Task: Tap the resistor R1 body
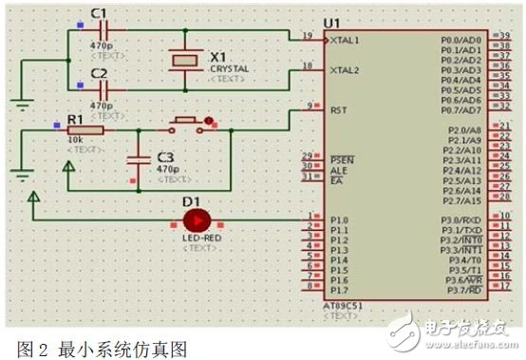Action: pos(85,130)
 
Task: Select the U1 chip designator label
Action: pos(331,21)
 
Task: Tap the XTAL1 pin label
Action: pos(345,41)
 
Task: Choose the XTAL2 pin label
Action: pos(345,70)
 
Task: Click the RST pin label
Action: pos(338,109)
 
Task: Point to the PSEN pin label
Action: pos(340,158)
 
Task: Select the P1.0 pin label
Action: pos(338,220)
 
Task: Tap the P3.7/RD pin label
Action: pos(462,290)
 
